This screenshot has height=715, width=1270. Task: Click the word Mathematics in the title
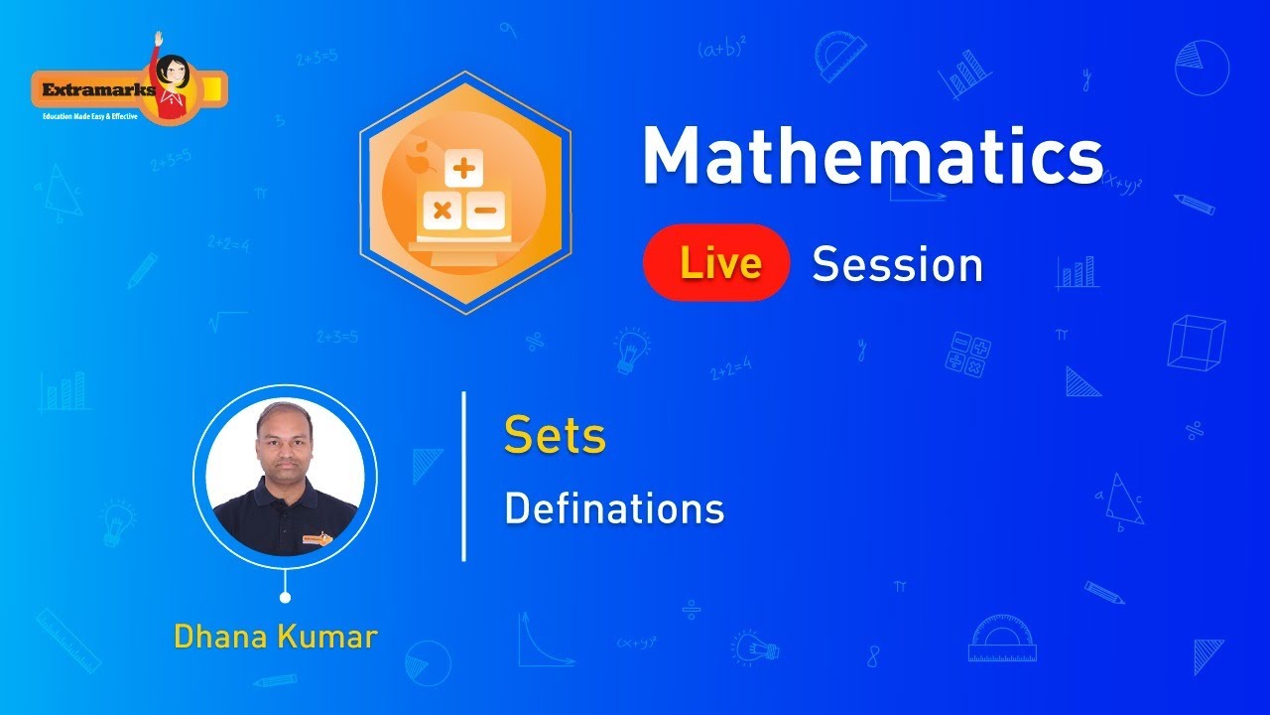[x=872, y=156]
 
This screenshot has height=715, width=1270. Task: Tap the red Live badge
[x=716, y=263]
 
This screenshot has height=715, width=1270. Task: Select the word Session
[x=897, y=265]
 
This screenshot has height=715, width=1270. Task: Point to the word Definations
[x=614, y=509]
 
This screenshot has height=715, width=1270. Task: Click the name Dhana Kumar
[x=276, y=636]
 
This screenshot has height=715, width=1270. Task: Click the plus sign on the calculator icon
[x=463, y=169]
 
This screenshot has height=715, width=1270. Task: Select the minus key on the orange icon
[x=485, y=211]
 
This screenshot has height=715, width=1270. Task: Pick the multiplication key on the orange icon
[x=443, y=211]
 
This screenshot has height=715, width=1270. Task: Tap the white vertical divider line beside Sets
[x=464, y=477]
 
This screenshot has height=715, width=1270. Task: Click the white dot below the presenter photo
[x=286, y=597]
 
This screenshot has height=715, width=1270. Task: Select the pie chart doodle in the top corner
[x=1202, y=68]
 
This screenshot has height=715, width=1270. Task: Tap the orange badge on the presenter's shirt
[x=317, y=541]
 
